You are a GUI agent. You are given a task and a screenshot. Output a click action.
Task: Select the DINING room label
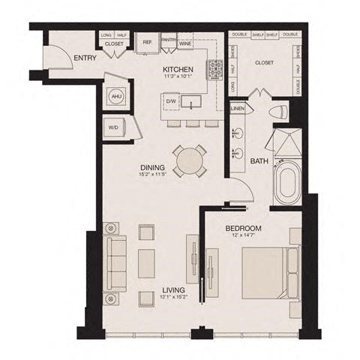(x=153, y=169)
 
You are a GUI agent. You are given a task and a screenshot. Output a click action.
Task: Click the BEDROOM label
(x=242, y=228)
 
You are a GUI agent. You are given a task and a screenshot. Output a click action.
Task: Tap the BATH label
(x=260, y=160)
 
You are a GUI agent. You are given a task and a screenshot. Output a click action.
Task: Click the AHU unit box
(x=117, y=97)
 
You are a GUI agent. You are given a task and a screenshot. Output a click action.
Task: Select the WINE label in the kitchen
(x=185, y=43)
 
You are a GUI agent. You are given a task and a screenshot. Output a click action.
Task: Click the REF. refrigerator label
(x=147, y=43)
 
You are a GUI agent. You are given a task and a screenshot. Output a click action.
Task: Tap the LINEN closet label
(x=238, y=109)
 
